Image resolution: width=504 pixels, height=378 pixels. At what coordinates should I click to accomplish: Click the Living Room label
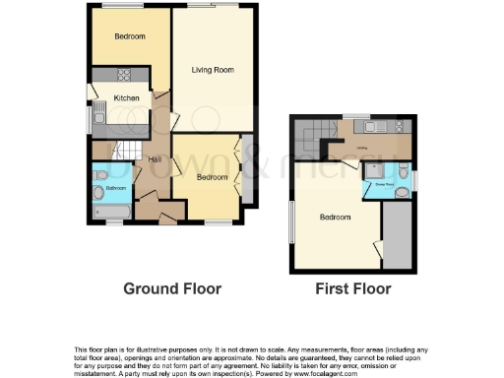(x=212, y=69)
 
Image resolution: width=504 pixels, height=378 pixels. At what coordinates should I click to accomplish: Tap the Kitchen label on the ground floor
(x=126, y=97)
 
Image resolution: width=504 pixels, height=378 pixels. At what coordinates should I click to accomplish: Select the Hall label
(x=155, y=160)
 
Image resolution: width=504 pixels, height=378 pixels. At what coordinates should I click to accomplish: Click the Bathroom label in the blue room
(x=116, y=187)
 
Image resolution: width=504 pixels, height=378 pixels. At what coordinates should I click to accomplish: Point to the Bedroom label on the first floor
(x=334, y=217)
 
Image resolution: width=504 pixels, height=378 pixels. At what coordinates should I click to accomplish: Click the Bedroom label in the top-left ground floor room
(x=129, y=37)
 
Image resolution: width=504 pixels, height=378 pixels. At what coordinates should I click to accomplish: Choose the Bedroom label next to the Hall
(x=211, y=177)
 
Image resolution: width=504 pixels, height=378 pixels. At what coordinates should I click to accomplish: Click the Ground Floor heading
(x=171, y=289)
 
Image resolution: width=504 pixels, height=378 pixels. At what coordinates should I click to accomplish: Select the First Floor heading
(x=352, y=289)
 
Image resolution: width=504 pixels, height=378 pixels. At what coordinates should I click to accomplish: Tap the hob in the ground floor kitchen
(x=126, y=75)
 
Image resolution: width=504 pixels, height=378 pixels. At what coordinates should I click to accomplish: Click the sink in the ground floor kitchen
(x=97, y=119)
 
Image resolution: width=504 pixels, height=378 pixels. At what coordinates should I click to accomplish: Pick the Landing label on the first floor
(x=362, y=149)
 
